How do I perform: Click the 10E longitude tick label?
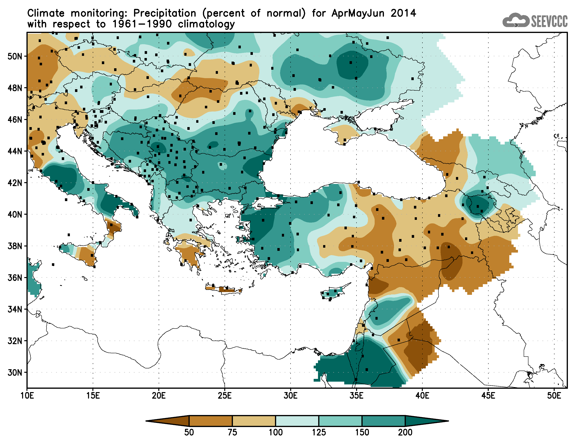(x=27, y=396)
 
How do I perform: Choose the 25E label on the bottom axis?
(x=225, y=396)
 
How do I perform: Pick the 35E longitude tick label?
(x=356, y=396)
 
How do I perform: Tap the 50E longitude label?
(x=554, y=396)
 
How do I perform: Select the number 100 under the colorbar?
(x=275, y=432)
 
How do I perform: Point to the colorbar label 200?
(x=405, y=432)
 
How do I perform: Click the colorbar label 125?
(x=319, y=432)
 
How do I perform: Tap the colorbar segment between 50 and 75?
(x=211, y=421)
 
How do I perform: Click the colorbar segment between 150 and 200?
(x=383, y=421)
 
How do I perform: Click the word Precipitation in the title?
(x=165, y=13)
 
